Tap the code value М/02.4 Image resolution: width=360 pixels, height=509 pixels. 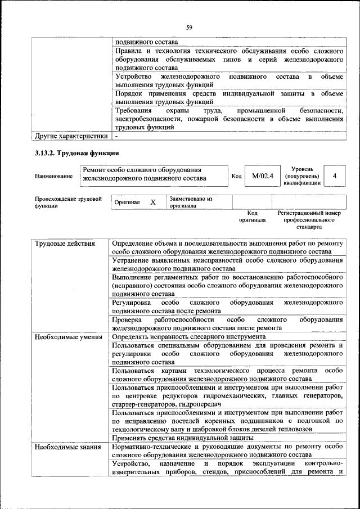coord(262,176)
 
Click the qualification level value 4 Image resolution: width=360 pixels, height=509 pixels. coord(335,176)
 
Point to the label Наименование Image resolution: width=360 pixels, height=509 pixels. coord(53,177)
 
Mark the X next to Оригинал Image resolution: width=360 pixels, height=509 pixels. coord(152,202)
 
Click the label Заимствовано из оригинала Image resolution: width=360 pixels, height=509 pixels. coord(191,202)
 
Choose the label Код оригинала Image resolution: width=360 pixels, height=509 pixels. coord(252,217)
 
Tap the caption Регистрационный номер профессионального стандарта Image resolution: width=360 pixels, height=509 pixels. coord(309,220)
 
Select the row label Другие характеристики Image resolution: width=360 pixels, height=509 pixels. coord(71,136)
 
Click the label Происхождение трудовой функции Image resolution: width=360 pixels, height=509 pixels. coord(67,202)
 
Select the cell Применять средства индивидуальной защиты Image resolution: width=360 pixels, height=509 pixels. coord(183,438)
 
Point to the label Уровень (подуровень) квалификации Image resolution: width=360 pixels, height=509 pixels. coord(307,175)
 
